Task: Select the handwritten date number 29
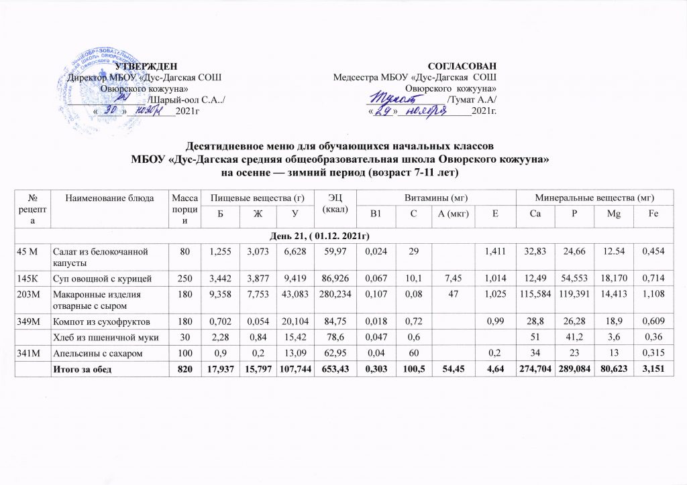tap(382, 111)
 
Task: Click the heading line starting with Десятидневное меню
tap(343, 146)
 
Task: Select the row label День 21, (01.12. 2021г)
tap(343, 237)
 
